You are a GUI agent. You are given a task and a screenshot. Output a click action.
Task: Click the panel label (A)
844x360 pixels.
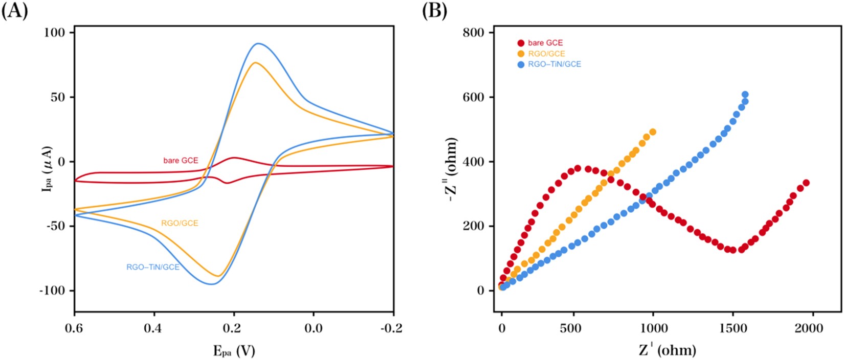point(14,11)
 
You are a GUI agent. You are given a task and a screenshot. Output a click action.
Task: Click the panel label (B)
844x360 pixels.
point(435,11)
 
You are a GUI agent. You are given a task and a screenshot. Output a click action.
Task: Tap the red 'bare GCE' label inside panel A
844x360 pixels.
point(181,161)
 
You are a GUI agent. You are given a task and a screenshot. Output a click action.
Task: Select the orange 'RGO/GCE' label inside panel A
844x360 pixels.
point(180,223)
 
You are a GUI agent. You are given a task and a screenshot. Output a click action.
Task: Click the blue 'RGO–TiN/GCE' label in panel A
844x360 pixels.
point(153,267)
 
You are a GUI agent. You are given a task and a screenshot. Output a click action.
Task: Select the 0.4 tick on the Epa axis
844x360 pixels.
point(154,328)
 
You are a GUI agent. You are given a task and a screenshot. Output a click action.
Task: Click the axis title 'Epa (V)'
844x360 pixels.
point(234,351)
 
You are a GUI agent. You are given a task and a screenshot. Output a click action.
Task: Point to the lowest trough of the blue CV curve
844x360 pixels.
point(211,284)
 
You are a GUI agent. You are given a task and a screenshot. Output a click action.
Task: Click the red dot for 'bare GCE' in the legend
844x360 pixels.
point(521,43)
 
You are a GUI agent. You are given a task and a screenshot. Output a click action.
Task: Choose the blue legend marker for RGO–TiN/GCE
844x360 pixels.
point(521,65)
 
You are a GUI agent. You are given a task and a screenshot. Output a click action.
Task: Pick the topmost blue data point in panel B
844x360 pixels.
point(745,95)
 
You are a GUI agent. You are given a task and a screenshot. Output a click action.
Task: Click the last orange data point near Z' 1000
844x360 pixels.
point(652,132)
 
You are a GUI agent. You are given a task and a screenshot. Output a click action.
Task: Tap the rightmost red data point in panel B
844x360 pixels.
point(806,183)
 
